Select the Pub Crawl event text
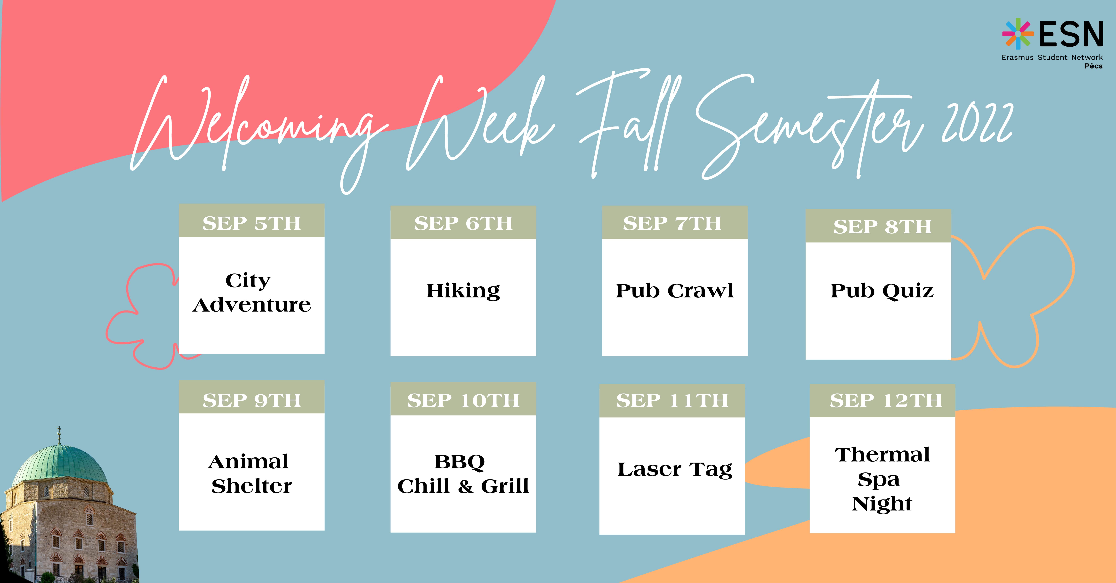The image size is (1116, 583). pos(675,290)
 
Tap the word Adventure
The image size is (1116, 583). pos(252,305)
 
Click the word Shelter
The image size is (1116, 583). pos(252,486)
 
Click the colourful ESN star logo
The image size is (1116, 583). pos(1018,33)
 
